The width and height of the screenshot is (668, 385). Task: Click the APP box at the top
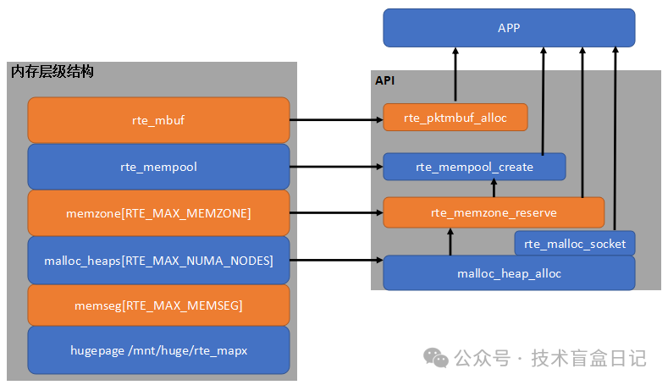click(x=509, y=28)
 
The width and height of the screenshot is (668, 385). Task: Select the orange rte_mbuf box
click(x=158, y=119)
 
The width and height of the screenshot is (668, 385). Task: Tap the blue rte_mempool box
click(x=158, y=167)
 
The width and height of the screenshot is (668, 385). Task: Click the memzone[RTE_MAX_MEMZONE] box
click(x=158, y=213)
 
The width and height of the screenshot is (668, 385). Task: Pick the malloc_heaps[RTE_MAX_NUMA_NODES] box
click(x=158, y=260)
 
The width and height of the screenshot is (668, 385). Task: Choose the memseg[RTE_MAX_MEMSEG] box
click(x=158, y=305)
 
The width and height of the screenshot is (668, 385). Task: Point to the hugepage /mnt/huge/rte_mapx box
click(x=158, y=350)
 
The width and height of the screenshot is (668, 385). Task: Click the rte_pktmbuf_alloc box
click(x=455, y=118)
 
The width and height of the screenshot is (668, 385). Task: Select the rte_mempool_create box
click(x=474, y=167)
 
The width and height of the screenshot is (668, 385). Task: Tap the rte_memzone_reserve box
click(x=494, y=212)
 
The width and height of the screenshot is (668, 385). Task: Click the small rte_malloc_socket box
click(x=575, y=244)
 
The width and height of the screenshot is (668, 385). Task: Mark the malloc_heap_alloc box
click(x=509, y=273)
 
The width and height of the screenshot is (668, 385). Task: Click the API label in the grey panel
click(x=385, y=81)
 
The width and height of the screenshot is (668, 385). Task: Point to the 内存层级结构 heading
click(x=52, y=72)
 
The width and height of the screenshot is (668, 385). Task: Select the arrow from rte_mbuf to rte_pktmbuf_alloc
click(x=336, y=120)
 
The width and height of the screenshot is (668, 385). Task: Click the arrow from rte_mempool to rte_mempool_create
click(x=336, y=167)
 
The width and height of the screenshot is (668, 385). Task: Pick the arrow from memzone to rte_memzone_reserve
click(x=336, y=213)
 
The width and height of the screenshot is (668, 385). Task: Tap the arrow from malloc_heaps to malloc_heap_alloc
click(x=336, y=260)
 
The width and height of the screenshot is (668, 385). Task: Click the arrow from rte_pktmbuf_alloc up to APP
click(x=455, y=76)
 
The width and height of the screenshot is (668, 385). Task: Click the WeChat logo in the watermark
click(x=437, y=358)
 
